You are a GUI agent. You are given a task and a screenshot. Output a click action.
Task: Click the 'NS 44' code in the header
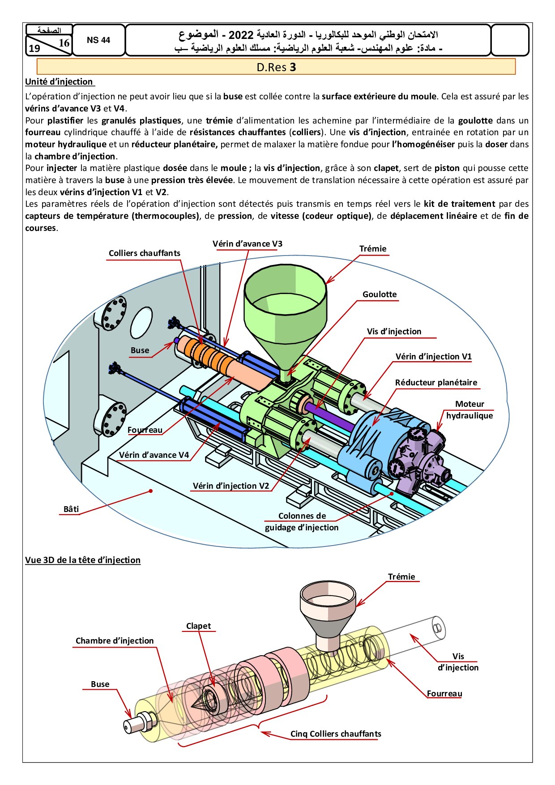pos(98,40)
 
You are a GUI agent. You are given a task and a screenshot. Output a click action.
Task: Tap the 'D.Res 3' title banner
pos(276,67)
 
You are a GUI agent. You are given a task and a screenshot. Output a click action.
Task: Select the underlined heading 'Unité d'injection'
pos(59,82)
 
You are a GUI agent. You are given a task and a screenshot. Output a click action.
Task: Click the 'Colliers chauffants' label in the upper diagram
pos(145,253)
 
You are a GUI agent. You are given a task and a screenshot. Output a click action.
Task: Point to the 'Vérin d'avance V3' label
pos(248,244)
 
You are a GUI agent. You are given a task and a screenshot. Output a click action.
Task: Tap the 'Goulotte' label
pos(380,294)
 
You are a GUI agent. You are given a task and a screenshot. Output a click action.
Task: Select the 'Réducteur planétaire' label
pos(436,383)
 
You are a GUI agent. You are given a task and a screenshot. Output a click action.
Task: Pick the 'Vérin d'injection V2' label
pos(231,486)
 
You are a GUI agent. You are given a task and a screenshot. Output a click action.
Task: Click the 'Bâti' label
pos(71,509)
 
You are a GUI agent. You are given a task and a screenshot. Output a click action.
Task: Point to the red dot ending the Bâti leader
pos(151,491)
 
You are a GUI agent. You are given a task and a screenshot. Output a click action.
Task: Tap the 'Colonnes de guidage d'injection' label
pos(302,522)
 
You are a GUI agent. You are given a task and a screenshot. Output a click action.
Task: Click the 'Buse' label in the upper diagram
pos(140,350)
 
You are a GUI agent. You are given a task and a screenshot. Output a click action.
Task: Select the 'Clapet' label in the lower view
pos(198,626)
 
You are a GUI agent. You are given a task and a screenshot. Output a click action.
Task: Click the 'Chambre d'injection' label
pos(115,641)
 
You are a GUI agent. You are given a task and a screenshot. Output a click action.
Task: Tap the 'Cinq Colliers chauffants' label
pos(336,734)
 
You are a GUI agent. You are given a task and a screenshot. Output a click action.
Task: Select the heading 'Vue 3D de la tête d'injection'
pos(83,560)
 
